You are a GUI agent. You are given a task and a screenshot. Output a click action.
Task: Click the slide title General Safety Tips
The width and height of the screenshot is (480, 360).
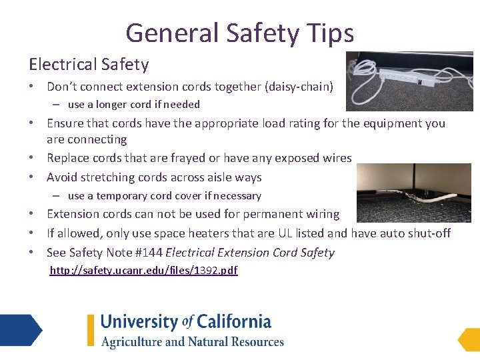[x=239, y=32]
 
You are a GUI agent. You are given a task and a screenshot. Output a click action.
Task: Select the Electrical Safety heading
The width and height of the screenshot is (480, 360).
[x=89, y=65]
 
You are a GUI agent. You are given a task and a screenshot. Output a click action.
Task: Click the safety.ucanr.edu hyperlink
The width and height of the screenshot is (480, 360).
[x=143, y=270]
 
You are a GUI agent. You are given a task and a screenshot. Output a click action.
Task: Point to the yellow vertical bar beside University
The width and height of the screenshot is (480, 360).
[x=91, y=330]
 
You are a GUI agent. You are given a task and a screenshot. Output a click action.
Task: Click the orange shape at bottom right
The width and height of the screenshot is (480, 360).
[x=468, y=339]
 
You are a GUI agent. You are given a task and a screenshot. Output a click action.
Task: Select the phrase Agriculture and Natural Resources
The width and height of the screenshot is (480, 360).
[x=193, y=342]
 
